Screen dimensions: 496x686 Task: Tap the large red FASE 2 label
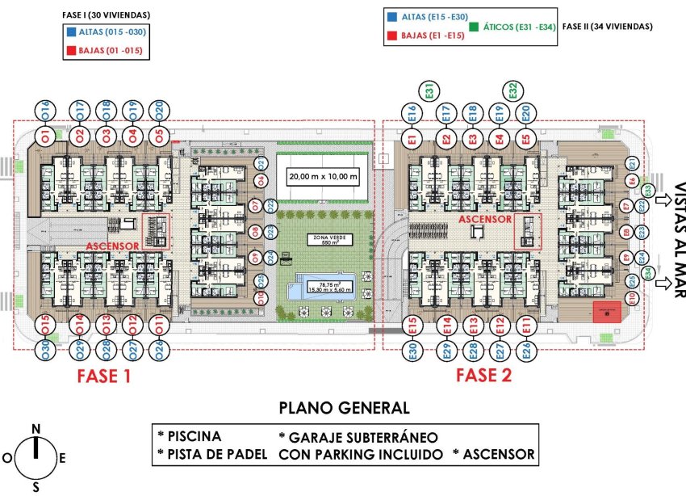coord(483,376)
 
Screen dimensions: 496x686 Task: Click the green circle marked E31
coord(430,91)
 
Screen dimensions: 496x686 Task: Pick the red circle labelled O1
coord(45,134)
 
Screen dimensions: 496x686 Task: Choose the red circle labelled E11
coord(525,326)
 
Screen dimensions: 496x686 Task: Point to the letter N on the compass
coord(36,428)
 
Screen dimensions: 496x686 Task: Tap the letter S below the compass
coord(36,486)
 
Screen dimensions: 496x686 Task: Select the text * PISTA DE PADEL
coord(212,454)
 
